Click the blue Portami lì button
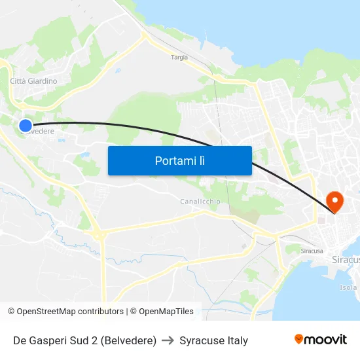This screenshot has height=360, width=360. pos(179,160)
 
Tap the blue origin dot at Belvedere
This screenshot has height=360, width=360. pos(26,125)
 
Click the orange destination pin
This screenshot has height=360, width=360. pos(334,200)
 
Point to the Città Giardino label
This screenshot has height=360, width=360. pos(33,81)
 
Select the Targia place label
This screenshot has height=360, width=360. pos(179,58)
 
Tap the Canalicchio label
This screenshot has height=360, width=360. pos(200,202)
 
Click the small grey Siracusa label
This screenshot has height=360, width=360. pos(312,251)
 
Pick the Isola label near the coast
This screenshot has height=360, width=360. pos(349,287)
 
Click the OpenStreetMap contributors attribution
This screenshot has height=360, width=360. pos(70,312)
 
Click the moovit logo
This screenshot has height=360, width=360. pos(321,340)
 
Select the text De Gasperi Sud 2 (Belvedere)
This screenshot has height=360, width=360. pos(84,340)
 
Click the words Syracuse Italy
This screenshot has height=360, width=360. pos(213,340)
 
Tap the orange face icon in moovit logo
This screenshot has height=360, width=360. pos(299,339)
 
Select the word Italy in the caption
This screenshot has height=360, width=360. pos(236,340)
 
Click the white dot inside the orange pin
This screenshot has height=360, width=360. pos(334,198)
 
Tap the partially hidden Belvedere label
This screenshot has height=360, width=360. pos(41,131)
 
